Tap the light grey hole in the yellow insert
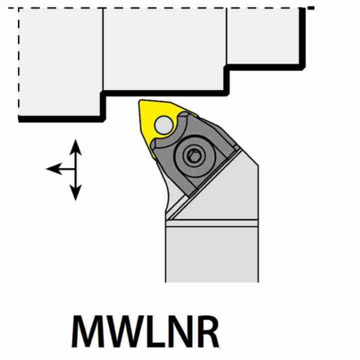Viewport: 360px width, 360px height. point(163,125)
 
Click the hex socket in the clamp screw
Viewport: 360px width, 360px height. point(191,156)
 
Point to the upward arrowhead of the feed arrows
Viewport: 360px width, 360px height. point(76,145)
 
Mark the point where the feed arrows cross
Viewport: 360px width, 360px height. point(76,169)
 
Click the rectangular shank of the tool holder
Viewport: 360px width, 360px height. point(212,252)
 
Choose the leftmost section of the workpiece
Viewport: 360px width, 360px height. point(60,60)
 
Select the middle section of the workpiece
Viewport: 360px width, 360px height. point(165,48)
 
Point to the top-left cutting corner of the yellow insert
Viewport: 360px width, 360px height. point(142,103)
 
